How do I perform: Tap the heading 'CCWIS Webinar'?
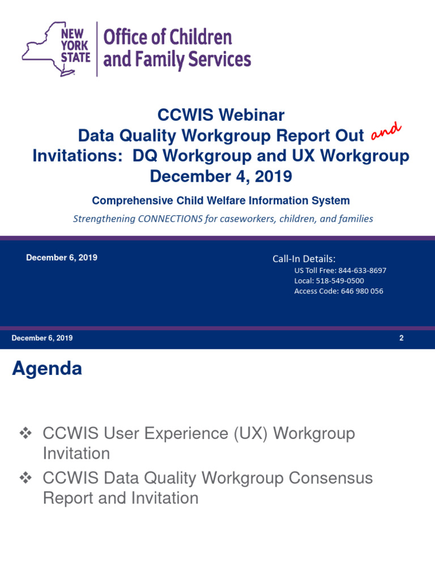(221, 116)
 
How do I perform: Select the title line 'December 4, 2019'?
(221, 176)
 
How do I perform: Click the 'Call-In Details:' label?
(304, 259)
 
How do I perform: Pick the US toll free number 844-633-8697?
(362, 270)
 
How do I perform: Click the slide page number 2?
(401, 338)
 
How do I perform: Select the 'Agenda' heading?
(47, 369)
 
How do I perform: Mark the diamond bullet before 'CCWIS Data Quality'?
(25, 479)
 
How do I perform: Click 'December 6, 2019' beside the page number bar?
(42, 338)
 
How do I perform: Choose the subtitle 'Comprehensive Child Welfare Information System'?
(221, 201)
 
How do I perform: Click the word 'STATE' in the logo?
(76, 57)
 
